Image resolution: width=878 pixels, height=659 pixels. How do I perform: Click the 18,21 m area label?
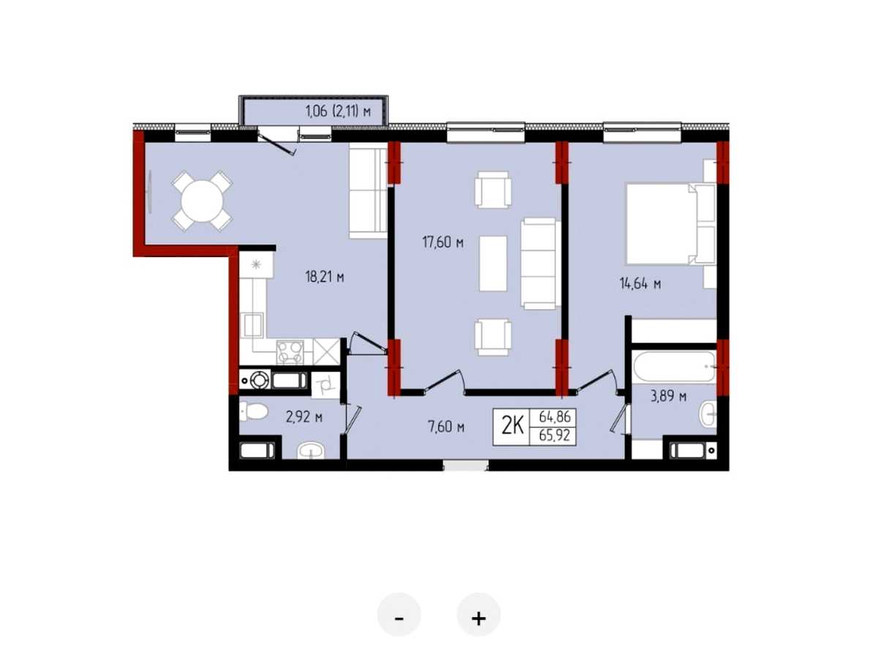[324, 277]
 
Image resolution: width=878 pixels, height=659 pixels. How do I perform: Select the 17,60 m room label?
[443, 242]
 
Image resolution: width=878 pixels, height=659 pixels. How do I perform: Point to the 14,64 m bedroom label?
[640, 284]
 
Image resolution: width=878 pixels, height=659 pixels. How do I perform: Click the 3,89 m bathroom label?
[669, 396]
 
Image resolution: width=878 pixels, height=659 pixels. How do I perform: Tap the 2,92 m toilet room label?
[304, 417]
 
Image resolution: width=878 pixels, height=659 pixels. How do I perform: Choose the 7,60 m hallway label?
[446, 427]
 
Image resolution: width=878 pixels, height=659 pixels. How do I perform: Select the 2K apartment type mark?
[512, 427]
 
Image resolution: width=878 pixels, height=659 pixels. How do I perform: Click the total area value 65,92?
[554, 435]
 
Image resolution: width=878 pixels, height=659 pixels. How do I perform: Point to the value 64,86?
[555, 417]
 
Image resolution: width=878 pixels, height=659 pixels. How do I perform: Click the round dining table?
[202, 201]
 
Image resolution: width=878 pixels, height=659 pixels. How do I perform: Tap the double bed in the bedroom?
[671, 223]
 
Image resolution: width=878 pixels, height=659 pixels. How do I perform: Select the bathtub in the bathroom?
[675, 367]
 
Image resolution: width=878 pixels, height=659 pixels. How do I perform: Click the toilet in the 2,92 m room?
[253, 411]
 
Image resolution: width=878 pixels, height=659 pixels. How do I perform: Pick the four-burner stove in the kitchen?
[290, 352]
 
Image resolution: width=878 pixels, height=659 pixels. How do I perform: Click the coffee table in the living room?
[493, 264]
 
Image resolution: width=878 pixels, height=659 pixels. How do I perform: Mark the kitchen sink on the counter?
[252, 325]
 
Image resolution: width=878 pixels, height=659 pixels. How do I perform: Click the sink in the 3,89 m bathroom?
[708, 415]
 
